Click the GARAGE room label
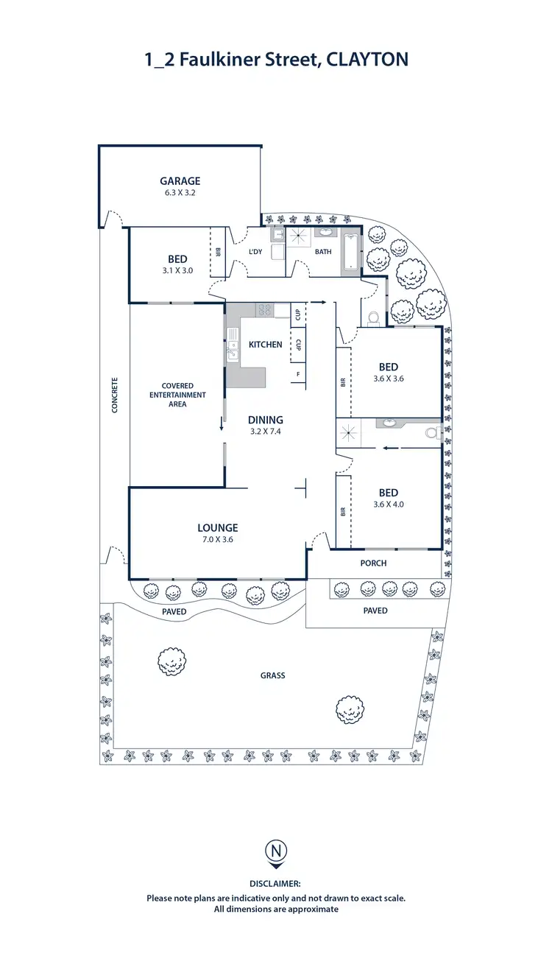[180, 181]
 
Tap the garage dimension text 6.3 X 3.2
[180, 193]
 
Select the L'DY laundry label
[256, 252]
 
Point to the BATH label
[324, 252]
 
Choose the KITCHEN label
[265, 345]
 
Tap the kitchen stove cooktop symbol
[264, 310]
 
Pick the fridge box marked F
[298, 374]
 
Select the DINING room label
[265, 421]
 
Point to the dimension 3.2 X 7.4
[265, 432]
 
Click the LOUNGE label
[217, 527]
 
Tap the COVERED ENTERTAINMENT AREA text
[177, 395]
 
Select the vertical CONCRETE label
[115, 395]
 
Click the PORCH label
[373, 563]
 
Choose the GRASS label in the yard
[272, 675]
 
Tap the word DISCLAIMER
[275, 883]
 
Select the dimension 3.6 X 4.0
[389, 504]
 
